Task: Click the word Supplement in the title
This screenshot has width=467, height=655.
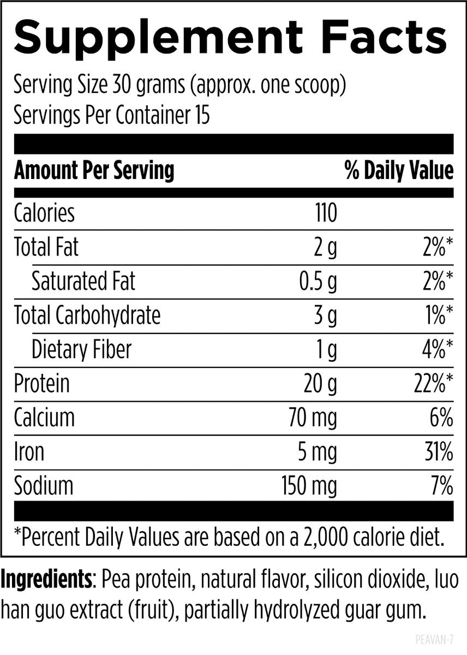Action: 158,38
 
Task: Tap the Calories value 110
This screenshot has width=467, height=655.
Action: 325,213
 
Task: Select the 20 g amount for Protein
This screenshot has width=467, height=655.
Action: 320,384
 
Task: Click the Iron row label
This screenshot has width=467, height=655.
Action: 29,452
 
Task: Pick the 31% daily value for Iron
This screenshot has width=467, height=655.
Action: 439,452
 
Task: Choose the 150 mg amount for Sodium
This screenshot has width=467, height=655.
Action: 309,486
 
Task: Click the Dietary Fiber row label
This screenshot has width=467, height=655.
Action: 81,350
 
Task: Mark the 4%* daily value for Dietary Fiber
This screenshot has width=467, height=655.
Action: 436,350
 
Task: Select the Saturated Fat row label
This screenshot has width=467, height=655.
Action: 83,282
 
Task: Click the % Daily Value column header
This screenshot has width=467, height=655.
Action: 399,171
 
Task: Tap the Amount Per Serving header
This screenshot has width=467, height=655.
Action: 94,171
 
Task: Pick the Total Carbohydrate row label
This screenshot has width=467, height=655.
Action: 87,316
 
